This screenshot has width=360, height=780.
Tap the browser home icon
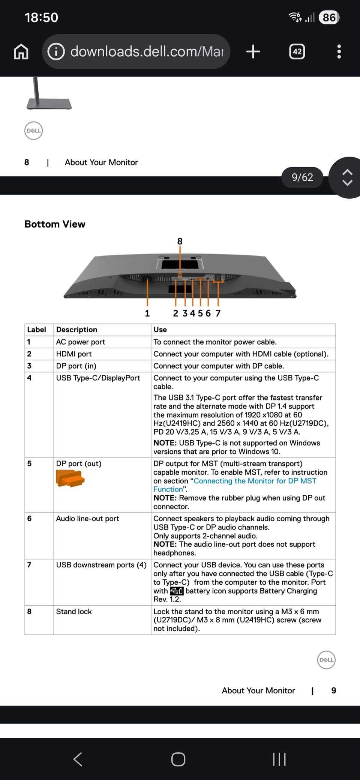pyautogui.click(x=21, y=52)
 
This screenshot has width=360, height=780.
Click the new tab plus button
pyautogui.click(x=253, y=51)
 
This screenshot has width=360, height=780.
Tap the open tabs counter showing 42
pyautogui.click(x=297, y=51)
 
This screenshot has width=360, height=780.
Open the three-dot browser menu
pyautogui.click(x=339, y=51)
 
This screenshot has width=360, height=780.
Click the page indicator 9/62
pyautogui.click(x=302, y=177)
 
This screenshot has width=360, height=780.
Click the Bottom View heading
pyautogui.click(x=55, y=224)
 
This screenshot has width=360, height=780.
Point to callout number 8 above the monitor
pyautogui.click(x=180, y=241)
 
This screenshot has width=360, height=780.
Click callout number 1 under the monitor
pyautogui.click(x=147, y=313)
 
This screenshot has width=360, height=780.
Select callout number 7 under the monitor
pyautogui.click(x=218, y=313)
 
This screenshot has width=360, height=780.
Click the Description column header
pyautogui.click(x=76, y=330)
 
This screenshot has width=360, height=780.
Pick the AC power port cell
pyautogui.click(x=81, y=342)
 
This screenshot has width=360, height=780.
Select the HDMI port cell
pyautogui.click(x=74, y=354)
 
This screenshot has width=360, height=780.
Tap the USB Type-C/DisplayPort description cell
pyautogui.click(x=98, y=378)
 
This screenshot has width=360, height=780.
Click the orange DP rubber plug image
pyautogui.click(x=70, y=478)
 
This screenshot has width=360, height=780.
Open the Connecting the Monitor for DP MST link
pyautogui.click(x=255, y=481)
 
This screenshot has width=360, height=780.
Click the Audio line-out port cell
pyautogui.click(x=87, y=519)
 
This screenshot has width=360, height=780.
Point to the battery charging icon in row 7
pyautogui.click(x=177, y=591)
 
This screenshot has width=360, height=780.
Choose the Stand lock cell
pyautogui.click(x=74, y=612)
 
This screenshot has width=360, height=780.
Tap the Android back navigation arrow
pyautogui.click(x=78, y=759)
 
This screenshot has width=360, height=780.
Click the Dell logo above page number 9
pyautogui.click(x=326, y=660)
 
